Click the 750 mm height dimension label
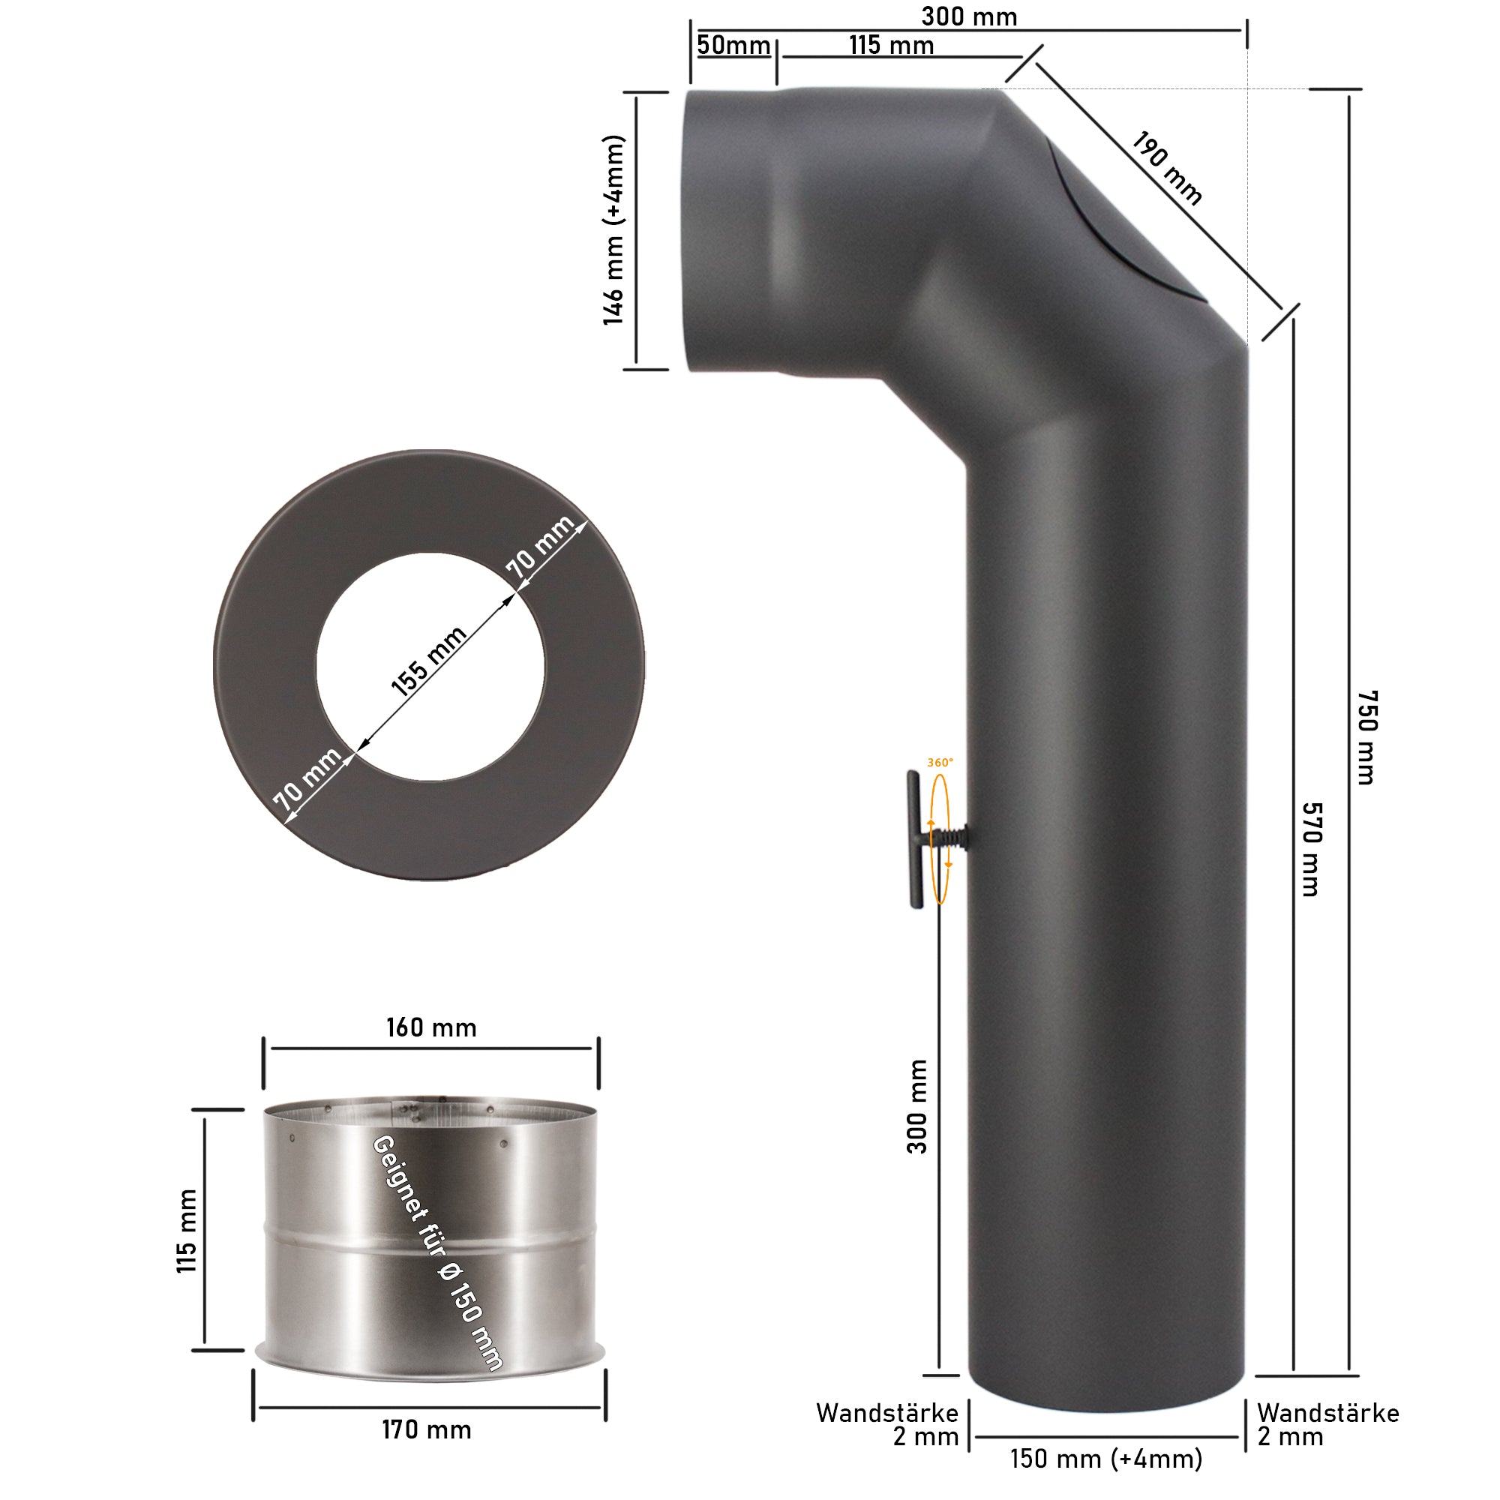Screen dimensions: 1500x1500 (1367, 736)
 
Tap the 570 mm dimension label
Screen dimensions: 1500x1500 (1311, 850)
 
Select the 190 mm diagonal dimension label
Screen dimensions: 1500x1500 (1166, 168)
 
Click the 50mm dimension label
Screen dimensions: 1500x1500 (733, 45)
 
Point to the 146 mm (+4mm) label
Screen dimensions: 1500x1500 (613, 229)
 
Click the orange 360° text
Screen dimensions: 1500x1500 (940, 763)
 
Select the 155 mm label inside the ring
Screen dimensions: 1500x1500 (428, 661)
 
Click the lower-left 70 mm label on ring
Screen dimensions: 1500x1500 (307, 778)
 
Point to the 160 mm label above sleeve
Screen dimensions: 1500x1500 (432, 1028)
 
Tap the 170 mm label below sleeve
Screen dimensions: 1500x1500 (426, 1430)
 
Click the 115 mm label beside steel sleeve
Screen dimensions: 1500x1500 (187, 1231)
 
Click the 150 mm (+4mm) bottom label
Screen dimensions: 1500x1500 (1106, 1459)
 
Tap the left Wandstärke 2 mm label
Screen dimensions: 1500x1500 (887, 1425)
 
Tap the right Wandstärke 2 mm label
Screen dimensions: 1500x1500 (1327, 1425)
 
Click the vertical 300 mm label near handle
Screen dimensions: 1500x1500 (917, 1106)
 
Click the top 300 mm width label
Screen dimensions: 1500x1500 (969, 16)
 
